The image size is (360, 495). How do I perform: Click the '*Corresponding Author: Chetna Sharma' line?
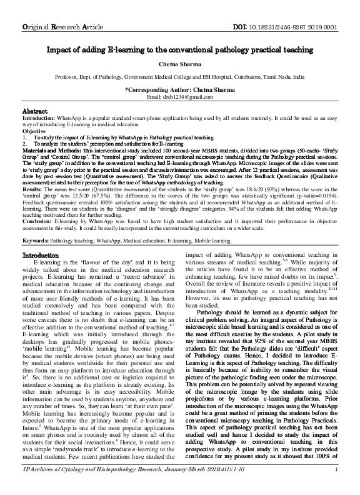click(179, 89)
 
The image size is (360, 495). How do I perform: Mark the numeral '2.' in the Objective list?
click(25, 144)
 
